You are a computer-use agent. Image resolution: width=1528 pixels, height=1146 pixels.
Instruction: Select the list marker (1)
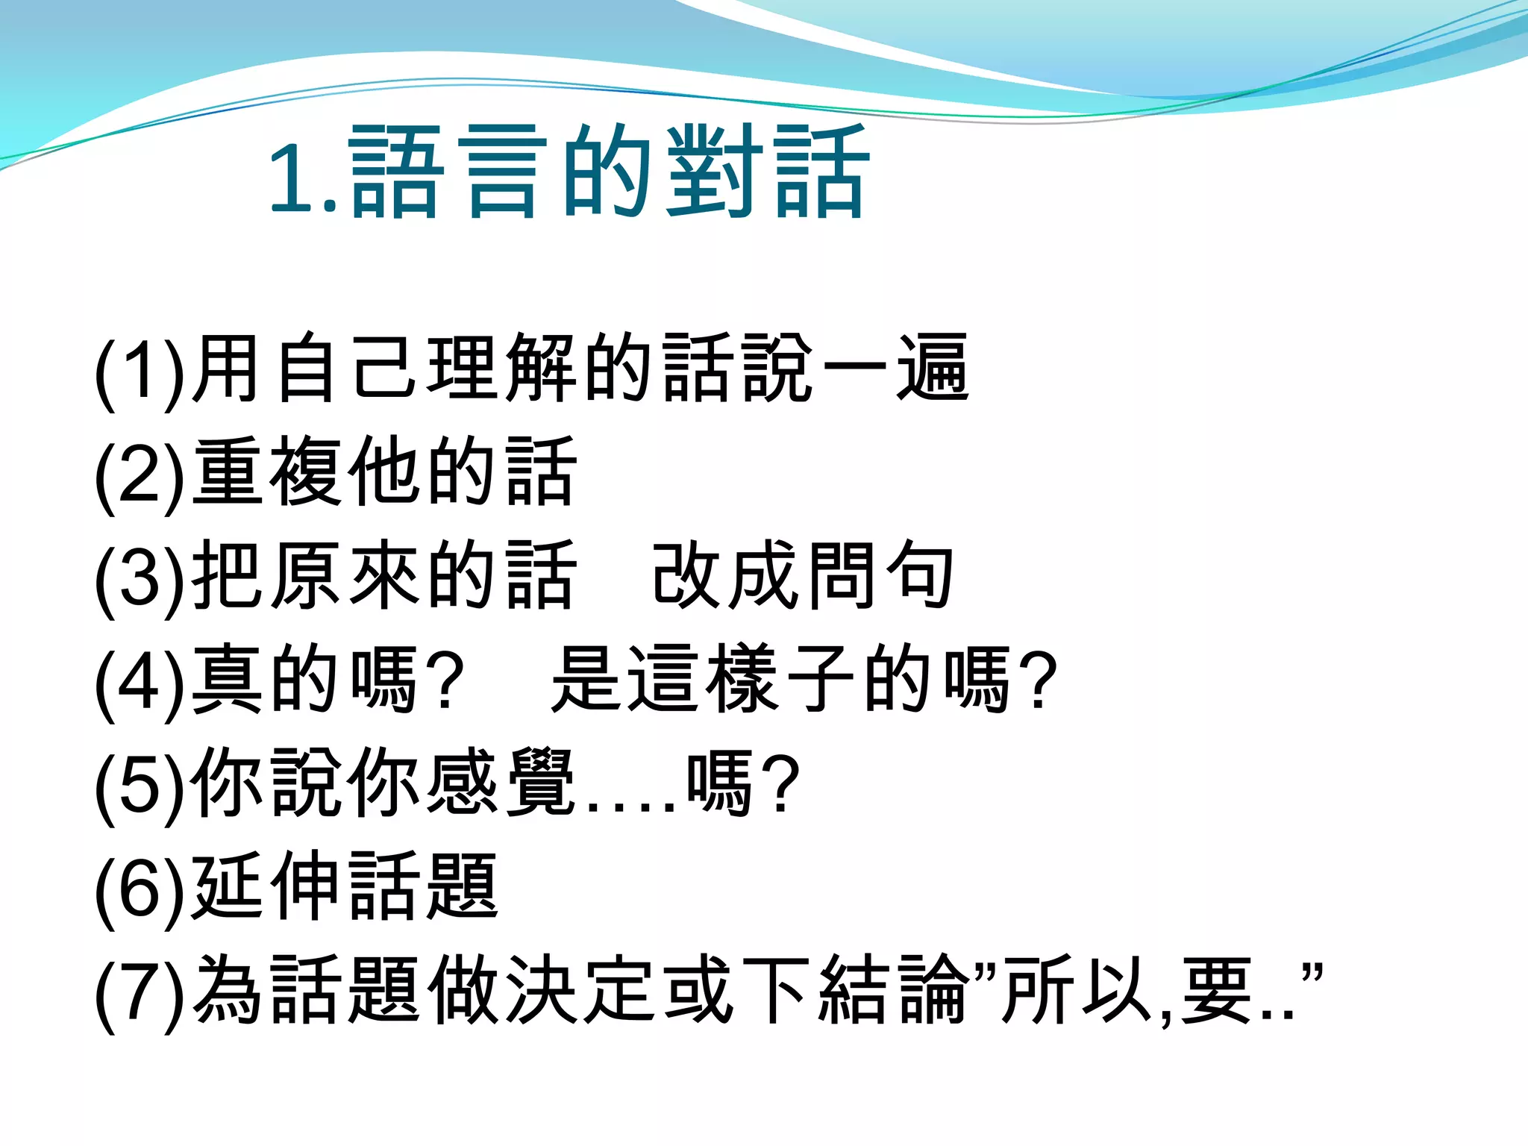pos(140,371)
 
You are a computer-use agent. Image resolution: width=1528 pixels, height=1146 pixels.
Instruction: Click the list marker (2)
pos(140,475)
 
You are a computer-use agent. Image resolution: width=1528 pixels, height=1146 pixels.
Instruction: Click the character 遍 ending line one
pos(933,368)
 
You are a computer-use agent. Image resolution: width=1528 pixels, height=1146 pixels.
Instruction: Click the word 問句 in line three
pos(880,575)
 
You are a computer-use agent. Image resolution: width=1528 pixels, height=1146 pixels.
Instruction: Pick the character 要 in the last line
pos(1216,990)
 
